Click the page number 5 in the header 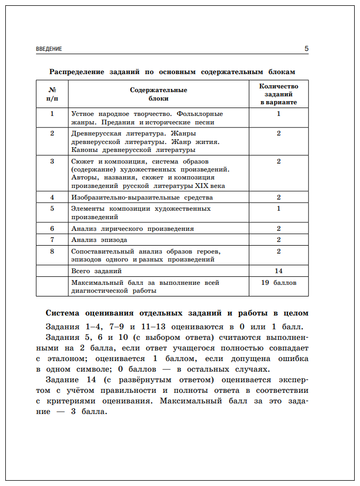(307, 49)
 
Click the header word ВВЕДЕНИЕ (49, 49)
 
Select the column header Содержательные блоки (158, 94)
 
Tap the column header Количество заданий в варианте (278, 94)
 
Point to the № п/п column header (52, 94)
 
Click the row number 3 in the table (52, 161)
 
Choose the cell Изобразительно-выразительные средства (142, 197)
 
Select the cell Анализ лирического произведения (132, 229)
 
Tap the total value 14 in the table (278, 271)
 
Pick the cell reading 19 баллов (278, 283)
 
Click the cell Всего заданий (93, 271)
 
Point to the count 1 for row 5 (278, 209)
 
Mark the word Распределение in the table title (77, 71)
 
